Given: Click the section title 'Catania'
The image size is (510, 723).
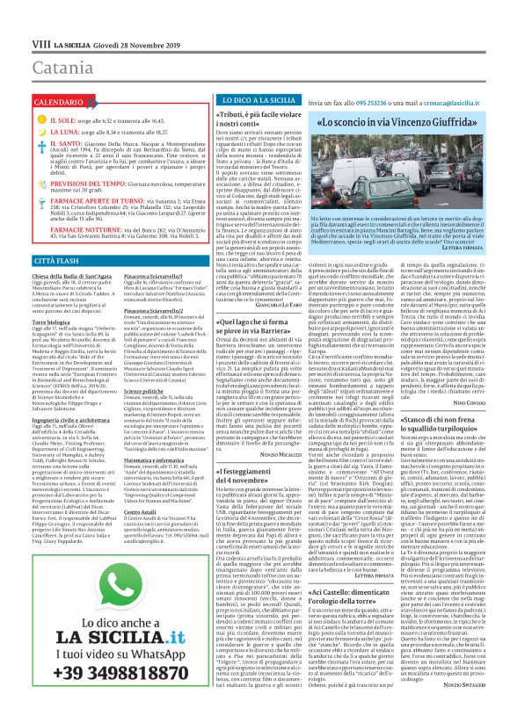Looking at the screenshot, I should click(36, 40).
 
